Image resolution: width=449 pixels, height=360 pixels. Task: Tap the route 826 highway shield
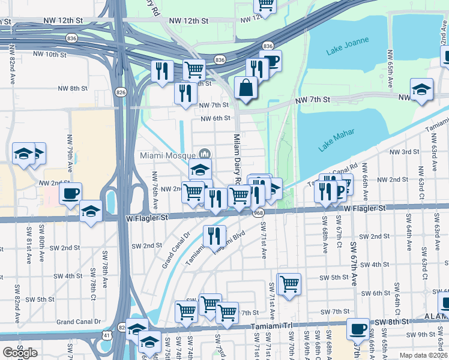point(121,92)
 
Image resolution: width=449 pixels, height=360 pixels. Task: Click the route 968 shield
point(259,212)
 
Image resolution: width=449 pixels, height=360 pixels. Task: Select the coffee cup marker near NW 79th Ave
point(71,193)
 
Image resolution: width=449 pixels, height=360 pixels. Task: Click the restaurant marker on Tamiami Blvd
point(214,236)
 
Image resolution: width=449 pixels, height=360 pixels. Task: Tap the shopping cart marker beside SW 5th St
point(289,283)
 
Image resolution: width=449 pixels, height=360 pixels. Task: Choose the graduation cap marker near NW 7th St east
point(422,89)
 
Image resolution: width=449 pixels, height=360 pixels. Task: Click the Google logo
point(20,353)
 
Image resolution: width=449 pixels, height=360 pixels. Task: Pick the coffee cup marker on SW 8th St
point(358,328)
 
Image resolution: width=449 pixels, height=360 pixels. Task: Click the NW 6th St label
point(215,118)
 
